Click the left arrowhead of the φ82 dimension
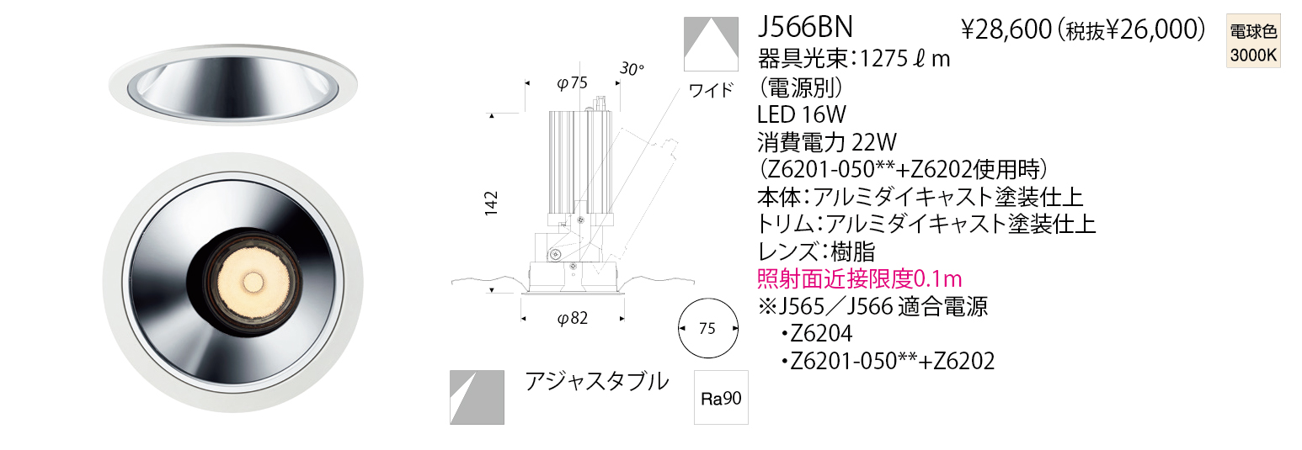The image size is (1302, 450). (x=523, y=319)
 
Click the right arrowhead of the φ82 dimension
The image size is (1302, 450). (x=622, y=319)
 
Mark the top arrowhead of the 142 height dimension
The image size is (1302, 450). (x=492, y=116)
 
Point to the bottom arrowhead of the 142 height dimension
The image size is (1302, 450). (x=492, y=289)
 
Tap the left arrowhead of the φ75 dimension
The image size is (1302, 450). (x=527, y=83)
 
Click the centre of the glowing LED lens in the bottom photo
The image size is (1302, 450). (x=253, y=282)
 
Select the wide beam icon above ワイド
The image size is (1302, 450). (x=711, y=44)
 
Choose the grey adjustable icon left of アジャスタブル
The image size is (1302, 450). (x=477, y=397)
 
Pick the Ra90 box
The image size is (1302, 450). (x=722, y=398)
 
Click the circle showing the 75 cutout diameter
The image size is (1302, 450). (x=708, y=329)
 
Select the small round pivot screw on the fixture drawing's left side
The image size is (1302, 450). (x=555, y=254)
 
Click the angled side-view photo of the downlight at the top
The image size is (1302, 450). (x=233, y=84)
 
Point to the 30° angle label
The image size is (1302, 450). (x=632, y=69)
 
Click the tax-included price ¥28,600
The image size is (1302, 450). (x=1006, y=29)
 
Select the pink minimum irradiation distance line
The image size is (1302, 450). (x=860, y=279)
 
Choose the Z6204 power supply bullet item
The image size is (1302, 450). (x=817, y=333)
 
